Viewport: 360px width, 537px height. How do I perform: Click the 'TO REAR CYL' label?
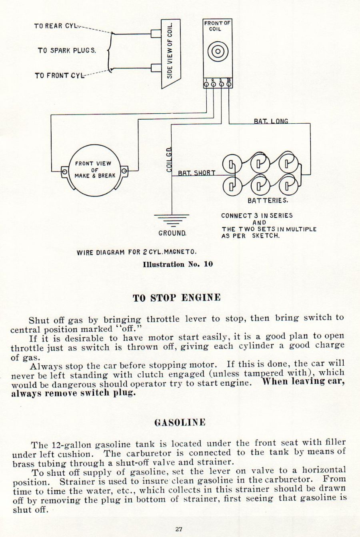tap(55, 26)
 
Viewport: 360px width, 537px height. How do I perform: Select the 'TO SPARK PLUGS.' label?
tap(67, 50)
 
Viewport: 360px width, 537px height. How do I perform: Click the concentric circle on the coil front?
tap(218, 51)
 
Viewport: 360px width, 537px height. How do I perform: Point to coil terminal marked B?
tap(229, 84)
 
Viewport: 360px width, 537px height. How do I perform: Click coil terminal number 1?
tap(206, 84)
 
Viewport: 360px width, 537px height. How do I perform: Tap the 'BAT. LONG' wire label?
tap(271, 121)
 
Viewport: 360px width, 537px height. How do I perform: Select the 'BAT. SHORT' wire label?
tap(196, 173)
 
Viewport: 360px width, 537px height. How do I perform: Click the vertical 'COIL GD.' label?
tap(169, 159)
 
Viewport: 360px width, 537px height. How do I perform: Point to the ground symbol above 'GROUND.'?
tap(172, 220)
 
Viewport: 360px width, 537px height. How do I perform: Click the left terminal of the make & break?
tap(64, 172)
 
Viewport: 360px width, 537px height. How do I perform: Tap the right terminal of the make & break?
tap(124, 171)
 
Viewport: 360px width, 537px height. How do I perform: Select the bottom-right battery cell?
tap(287, 186)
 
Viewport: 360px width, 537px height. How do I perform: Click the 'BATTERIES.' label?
tap(268, 200)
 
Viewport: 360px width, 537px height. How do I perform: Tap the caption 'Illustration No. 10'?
tap(178, 264)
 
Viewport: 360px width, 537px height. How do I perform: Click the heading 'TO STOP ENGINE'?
tap(177, 298)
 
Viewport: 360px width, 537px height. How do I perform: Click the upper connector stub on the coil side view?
tap(156, 34)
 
